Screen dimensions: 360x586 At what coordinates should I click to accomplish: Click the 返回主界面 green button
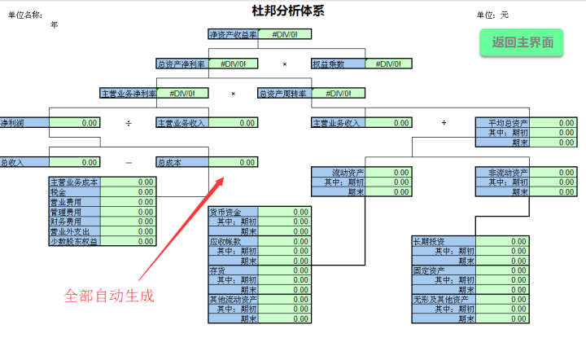522,42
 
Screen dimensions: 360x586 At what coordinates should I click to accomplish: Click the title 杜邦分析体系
293,11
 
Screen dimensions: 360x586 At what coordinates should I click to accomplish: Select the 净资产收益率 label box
234,35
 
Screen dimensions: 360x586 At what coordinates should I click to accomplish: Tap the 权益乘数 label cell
338,64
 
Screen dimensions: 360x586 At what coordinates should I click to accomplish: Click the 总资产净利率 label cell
181,64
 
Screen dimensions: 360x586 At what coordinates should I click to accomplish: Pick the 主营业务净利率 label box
129,94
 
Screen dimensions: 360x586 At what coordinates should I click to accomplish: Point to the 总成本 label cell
181,163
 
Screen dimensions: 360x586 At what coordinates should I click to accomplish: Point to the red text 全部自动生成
109,295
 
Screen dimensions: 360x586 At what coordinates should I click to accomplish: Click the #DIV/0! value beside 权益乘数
390,64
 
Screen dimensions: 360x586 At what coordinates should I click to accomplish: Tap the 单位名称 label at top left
24,15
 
